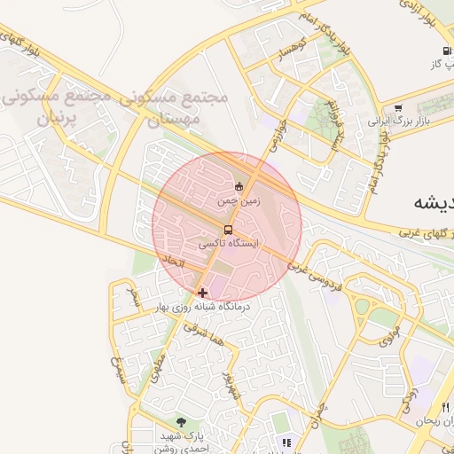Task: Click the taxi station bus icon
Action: [230, 231]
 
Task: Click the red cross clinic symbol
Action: [203, 292]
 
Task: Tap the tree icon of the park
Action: [182, 423]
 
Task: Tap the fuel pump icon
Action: [446, 51]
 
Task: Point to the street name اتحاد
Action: [172, 263]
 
